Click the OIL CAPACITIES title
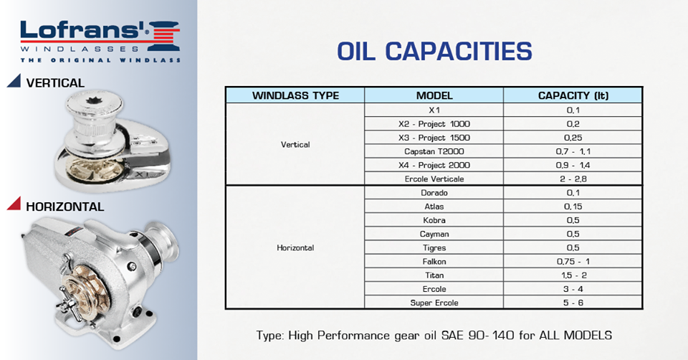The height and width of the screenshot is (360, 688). point(434,52)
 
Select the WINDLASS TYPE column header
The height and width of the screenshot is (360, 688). point(295,95)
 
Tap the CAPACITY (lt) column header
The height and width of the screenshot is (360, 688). point(573,95)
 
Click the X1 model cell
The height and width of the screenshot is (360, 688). point(434,110)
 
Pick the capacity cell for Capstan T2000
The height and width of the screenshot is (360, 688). point(573,151)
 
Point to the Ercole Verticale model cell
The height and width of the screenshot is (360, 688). point(434,179)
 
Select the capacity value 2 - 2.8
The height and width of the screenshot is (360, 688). point(573,179)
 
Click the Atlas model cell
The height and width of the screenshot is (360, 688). point(434,207)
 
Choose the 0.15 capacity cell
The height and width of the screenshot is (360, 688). point(573,207)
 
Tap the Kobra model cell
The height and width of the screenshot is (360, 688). point(434,220)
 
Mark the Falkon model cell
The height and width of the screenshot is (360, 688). point(434,262)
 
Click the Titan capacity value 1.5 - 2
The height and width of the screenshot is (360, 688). point(573,275)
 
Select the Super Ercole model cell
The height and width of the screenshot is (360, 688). point(434,303)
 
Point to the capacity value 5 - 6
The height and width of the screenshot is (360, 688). point(573,303)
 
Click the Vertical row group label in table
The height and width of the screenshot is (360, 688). point(295,144)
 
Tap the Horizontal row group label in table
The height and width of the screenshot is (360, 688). point(295,247)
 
